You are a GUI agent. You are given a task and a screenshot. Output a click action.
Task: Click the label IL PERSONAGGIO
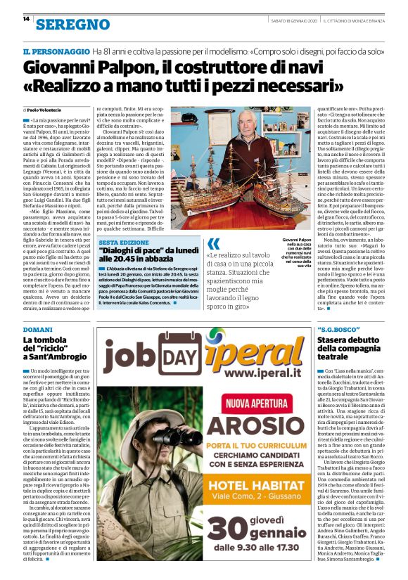tap(55, 52)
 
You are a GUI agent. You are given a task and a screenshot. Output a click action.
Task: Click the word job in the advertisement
tap(130, 355)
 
